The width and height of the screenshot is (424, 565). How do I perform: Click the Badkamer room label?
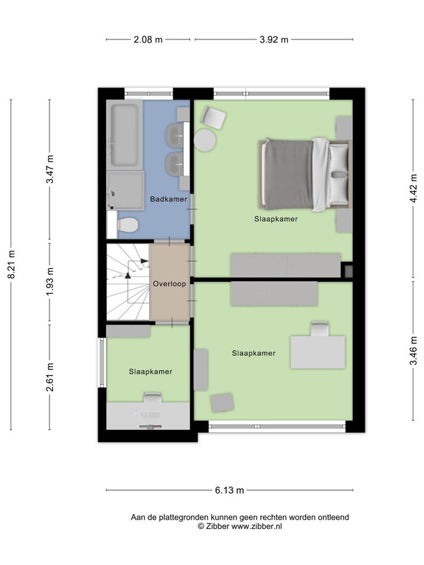click(x=168, y=199)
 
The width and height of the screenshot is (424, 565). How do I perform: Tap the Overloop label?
click(x=170, y=284)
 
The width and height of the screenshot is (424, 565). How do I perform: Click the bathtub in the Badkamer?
click(x=124, y=136)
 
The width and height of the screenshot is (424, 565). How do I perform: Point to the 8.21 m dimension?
click(x=11, y=264)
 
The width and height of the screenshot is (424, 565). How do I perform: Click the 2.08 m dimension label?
click(x=148, y=40)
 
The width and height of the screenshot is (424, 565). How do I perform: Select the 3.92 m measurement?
click(x=274, y=40)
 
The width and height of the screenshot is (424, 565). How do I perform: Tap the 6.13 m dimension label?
click(x=230, y=490)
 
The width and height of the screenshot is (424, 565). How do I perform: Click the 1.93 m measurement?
click(x=49, y=282)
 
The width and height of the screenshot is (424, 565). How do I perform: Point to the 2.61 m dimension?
click(x=49, y=377)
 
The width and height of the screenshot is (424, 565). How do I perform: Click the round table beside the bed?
click(x=205, y=140)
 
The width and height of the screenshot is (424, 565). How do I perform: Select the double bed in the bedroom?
click(x=305, y=174)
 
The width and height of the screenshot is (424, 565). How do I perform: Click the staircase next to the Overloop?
click(x=128, y=282)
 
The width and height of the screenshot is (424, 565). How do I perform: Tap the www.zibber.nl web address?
click(x=257, y=526)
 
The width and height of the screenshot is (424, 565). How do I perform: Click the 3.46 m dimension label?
click(x=413, y=350)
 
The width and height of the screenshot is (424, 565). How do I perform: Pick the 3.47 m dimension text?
click(x=49, y=169)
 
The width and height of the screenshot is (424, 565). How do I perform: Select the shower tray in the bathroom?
click(x=125, y=191)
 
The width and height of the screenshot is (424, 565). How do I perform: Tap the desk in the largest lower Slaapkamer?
click(x=317, y=352)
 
